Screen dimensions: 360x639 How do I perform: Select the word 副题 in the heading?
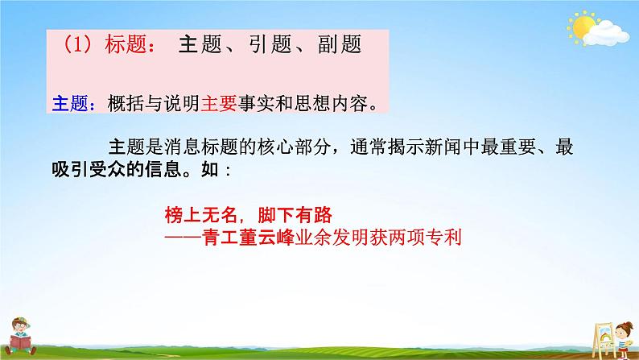[331, 45]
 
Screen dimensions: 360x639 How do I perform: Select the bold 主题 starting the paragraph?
[123, 147]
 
